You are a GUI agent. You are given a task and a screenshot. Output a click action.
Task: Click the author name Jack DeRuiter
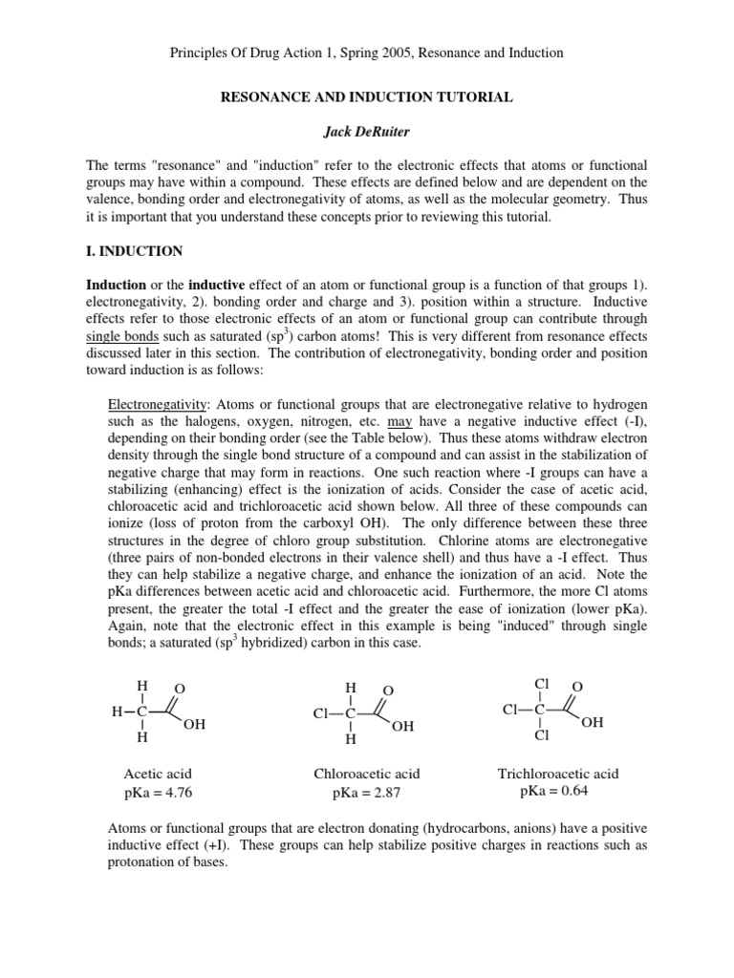click(367, 131)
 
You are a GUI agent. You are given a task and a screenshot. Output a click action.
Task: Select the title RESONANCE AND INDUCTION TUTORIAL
click(367, 96)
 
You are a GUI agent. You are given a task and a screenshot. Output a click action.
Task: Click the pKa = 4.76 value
click(158, 792)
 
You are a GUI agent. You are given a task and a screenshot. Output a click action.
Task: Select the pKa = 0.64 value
click(557, 791)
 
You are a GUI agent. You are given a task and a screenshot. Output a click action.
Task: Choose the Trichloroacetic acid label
click(557, 774)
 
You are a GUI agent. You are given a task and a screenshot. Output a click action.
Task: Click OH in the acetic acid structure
click(194, 726)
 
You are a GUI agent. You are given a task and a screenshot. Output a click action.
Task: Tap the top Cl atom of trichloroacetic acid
click(542, 683)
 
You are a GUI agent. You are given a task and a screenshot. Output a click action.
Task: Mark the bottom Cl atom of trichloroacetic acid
click(542, 736)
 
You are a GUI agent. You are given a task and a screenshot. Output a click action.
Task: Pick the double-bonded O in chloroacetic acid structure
click(387, 690)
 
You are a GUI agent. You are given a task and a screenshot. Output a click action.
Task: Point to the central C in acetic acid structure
click(142, 712)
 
